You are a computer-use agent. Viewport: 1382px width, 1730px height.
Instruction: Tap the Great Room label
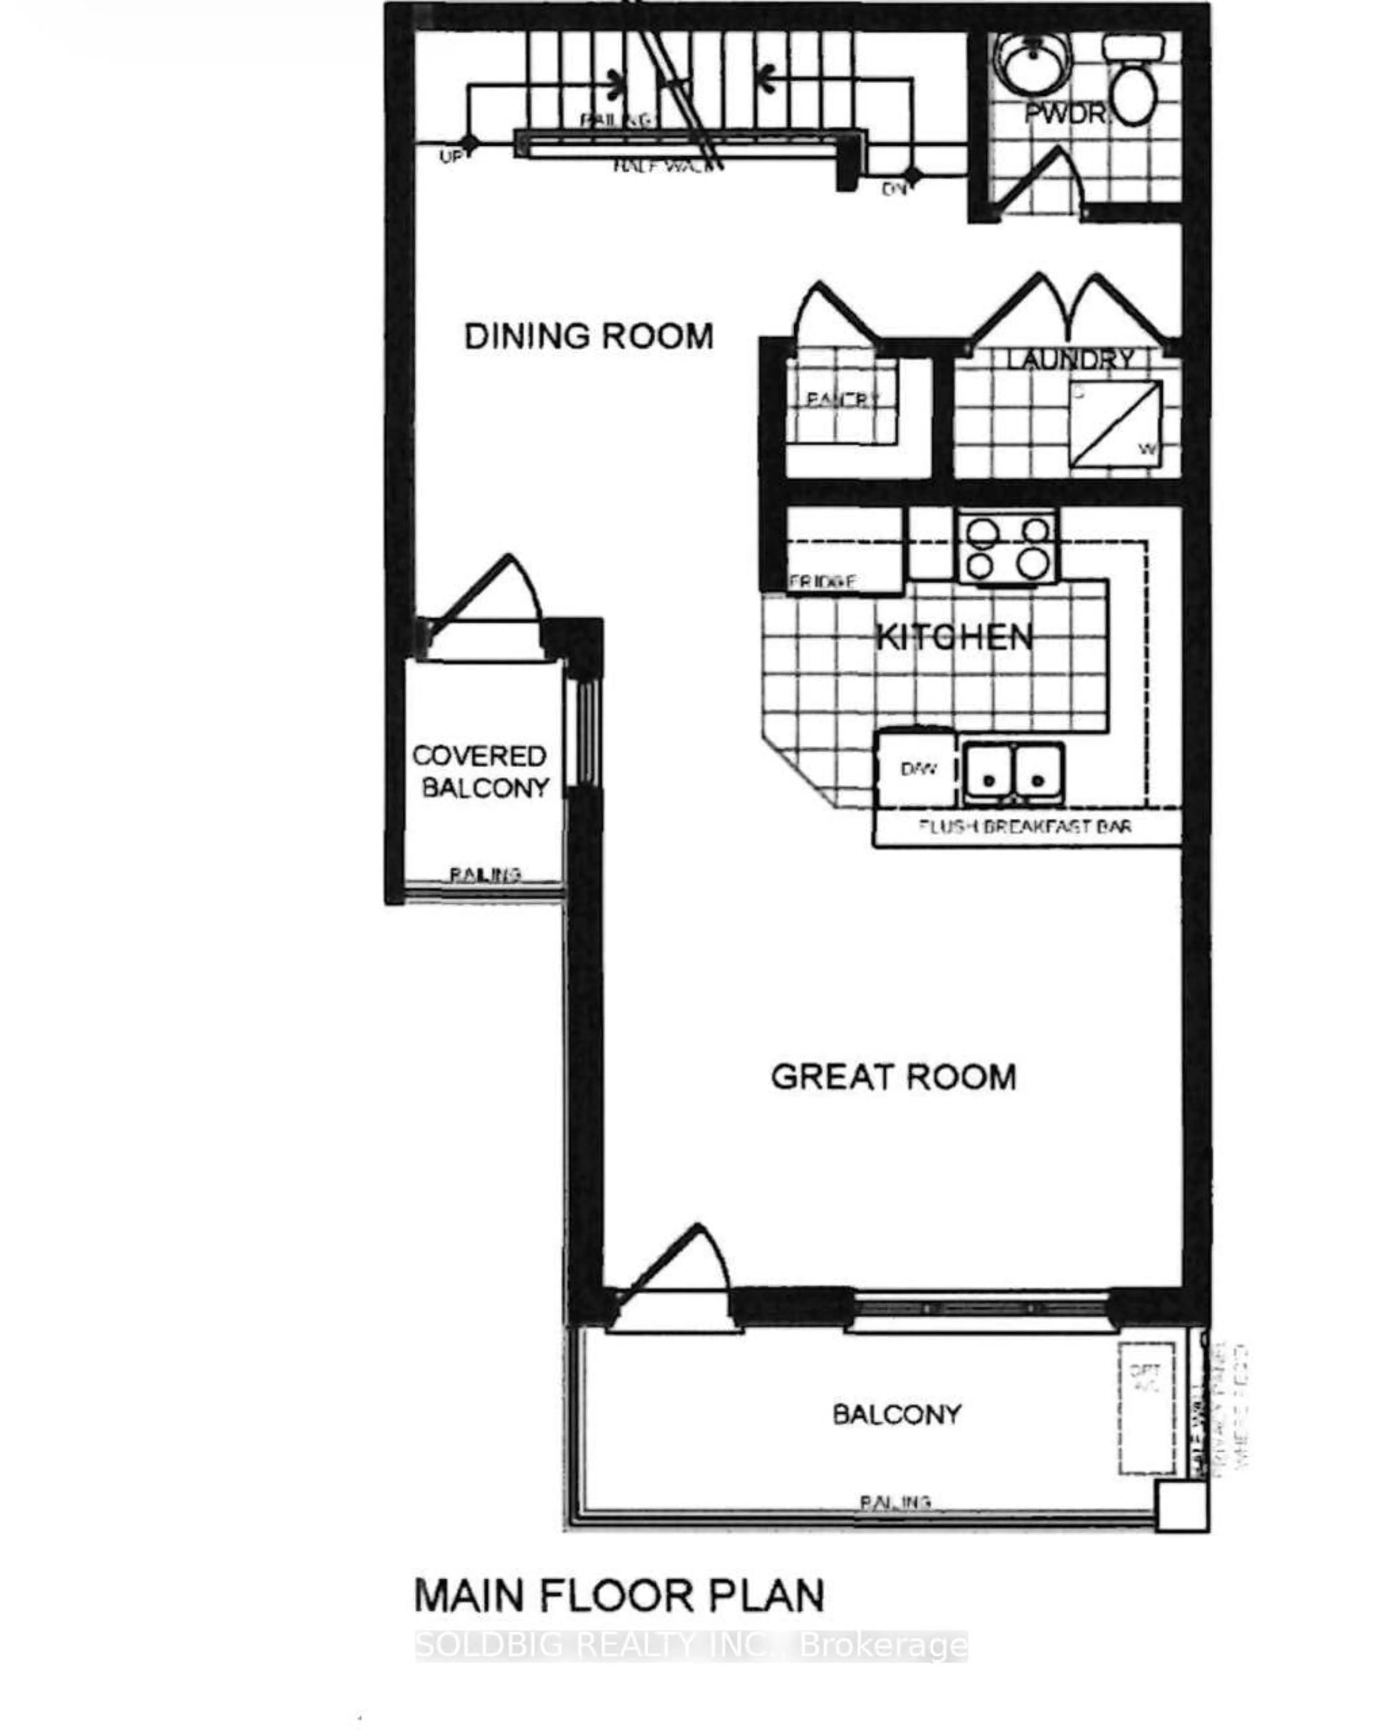coord(893,1077)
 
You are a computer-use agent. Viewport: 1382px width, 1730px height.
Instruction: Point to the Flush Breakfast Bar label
coord(1025,826)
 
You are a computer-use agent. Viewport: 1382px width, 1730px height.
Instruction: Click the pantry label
coord(843,399)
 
